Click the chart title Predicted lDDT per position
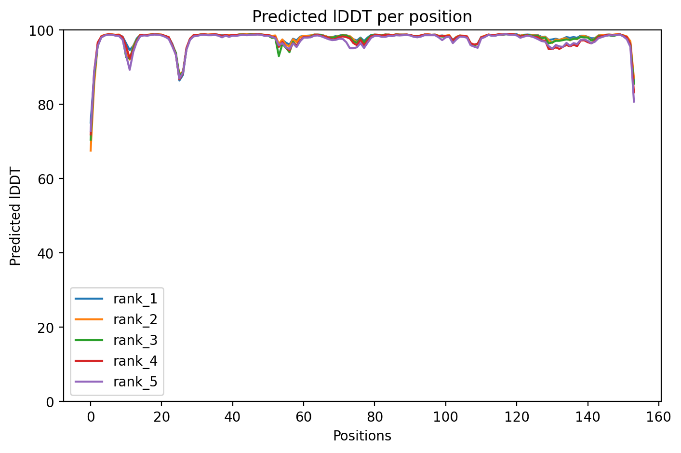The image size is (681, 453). click(x=362, y=17)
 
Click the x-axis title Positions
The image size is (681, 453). click(x=362, y=436)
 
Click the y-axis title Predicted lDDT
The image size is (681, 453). click(x=16, y=216)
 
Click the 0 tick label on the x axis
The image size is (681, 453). click(x=90, y=416)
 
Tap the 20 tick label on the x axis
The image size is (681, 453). click(x=161, y=416)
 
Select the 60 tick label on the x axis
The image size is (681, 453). click(x=304, y=416)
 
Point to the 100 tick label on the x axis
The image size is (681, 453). click(x=446, y=416)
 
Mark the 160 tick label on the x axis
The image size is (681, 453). click(x=659, y=416)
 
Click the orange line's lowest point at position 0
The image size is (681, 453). click(x=91, y=151)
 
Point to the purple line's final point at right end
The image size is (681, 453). click(x=634, y=102)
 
